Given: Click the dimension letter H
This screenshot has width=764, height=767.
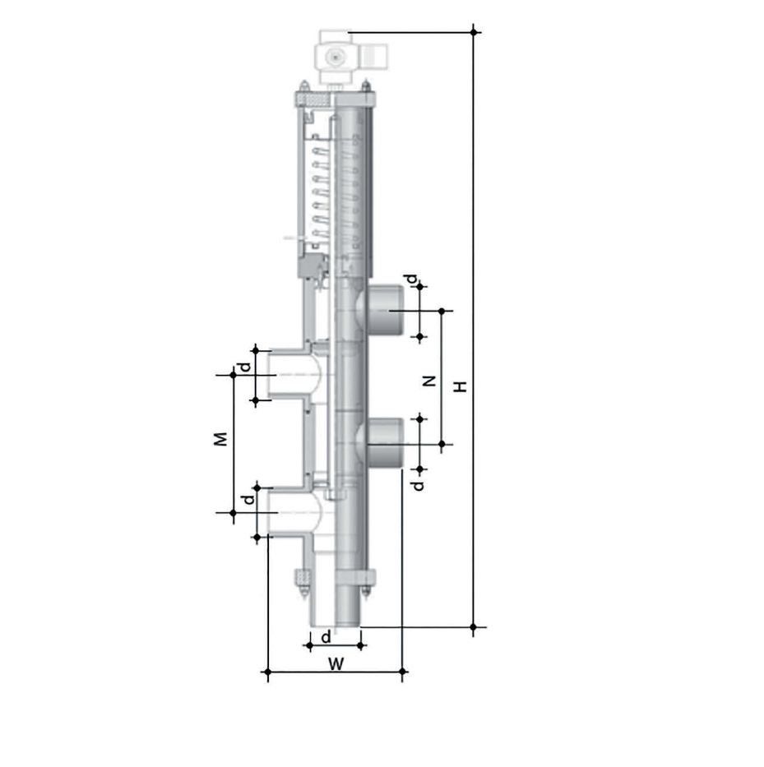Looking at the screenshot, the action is coord(461,386).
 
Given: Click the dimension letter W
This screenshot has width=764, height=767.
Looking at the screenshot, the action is coord(336,663).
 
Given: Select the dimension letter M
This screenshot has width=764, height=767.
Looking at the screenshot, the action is coord(221,439).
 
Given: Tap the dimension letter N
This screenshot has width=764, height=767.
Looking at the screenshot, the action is coord(429,381).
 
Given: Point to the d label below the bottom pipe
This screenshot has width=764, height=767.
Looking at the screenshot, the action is coord(326,637).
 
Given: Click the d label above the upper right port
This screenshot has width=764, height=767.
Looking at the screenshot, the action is coord(413,280).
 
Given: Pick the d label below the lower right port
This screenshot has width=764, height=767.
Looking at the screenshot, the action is coord(418,485).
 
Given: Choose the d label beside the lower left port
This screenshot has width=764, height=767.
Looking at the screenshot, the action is coord(248,500).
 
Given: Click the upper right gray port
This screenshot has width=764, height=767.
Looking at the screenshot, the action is coord(385,310).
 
